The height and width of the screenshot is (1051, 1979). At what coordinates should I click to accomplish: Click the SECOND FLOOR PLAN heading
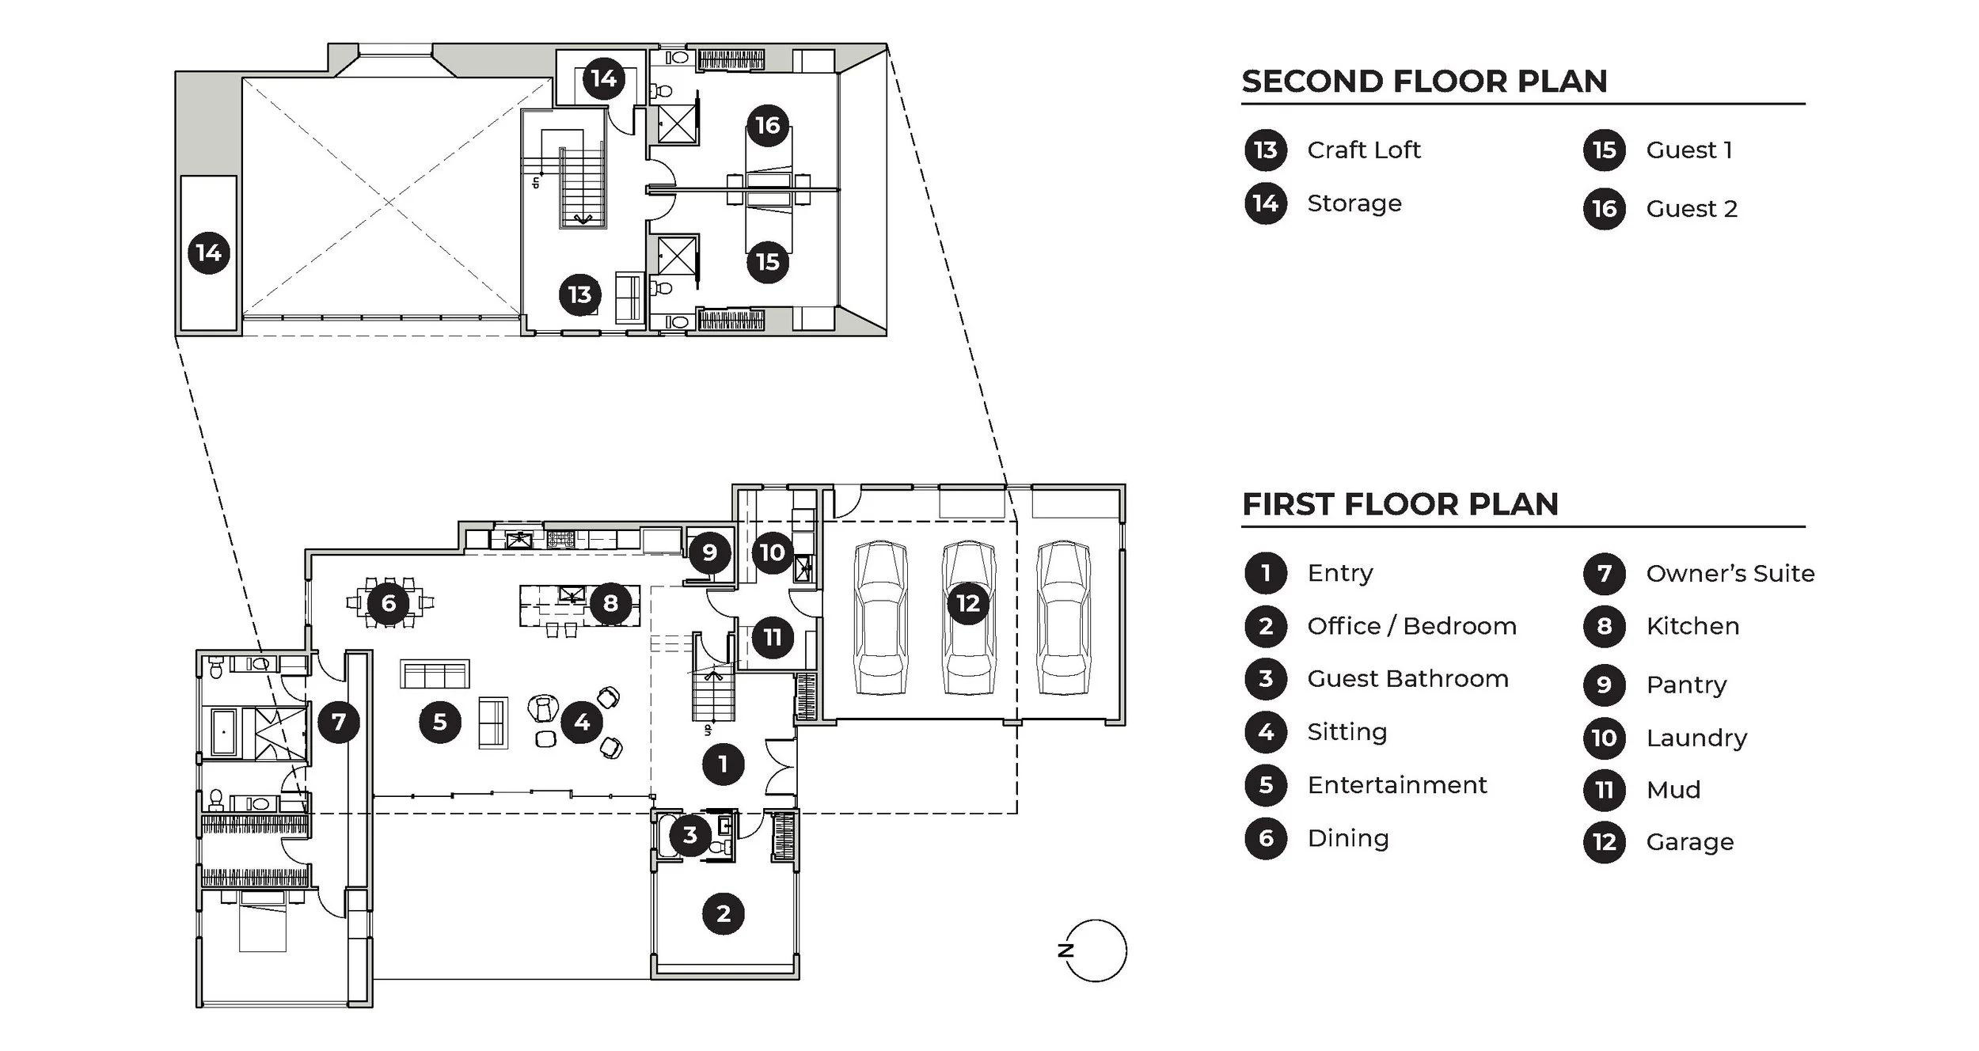(1423, 82)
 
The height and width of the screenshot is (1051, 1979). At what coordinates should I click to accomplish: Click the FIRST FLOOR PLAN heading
(1400, 504)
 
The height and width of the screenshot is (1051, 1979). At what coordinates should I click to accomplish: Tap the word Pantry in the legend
(1686, 685)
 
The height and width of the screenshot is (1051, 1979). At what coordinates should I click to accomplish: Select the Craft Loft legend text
(1363, 150)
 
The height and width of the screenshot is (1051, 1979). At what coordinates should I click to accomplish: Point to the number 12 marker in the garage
(968, 604)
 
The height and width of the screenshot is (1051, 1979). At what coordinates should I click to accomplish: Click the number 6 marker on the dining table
(388, 603)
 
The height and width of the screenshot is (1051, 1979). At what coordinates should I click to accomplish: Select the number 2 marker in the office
(723, 913)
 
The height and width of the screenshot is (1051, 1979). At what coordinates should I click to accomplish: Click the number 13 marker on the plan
(579, 294)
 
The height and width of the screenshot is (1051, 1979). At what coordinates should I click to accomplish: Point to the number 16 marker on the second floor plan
(767, 125)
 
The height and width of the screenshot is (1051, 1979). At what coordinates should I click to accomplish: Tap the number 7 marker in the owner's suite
(339, 722)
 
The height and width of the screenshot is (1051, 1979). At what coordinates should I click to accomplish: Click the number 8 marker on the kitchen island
(610, 604)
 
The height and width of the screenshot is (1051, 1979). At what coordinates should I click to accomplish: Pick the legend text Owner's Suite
(1730, 573)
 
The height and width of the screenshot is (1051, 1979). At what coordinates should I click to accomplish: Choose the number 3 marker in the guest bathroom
(689, 834)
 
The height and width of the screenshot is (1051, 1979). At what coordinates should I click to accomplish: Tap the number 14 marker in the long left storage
(208, 252)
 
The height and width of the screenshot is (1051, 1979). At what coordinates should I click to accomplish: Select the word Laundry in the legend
(1696, 738)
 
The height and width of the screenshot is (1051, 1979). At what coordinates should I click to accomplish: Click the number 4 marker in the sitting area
(582, 722)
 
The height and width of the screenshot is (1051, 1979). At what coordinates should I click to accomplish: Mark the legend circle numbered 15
(1604, 150)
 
